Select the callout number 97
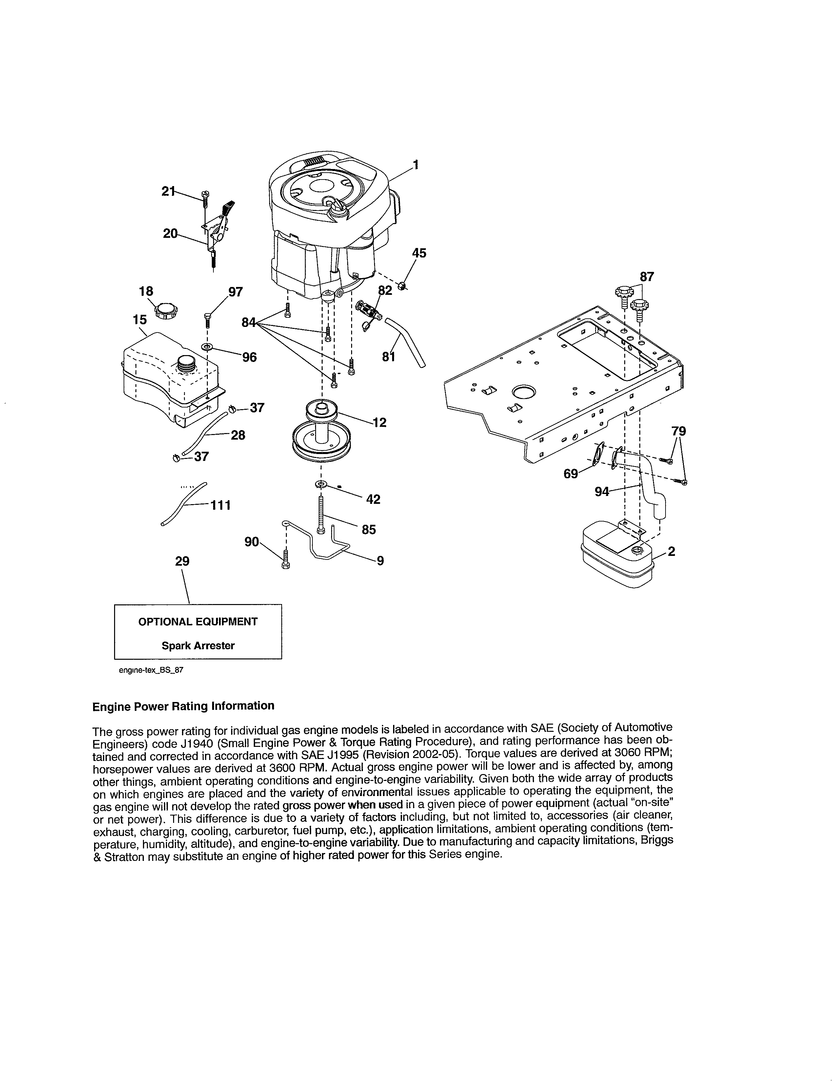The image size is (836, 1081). (235, 292)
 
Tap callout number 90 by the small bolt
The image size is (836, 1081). (251, 542)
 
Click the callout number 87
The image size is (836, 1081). (647, 277)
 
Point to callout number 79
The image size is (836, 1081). (679, 431)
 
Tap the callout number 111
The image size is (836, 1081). (220, 505)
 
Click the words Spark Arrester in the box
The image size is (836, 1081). (198, 645)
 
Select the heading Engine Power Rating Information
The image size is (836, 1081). (183, 706)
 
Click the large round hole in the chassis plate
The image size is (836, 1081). (524, 393)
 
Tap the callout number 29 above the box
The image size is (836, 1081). (182, 561)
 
